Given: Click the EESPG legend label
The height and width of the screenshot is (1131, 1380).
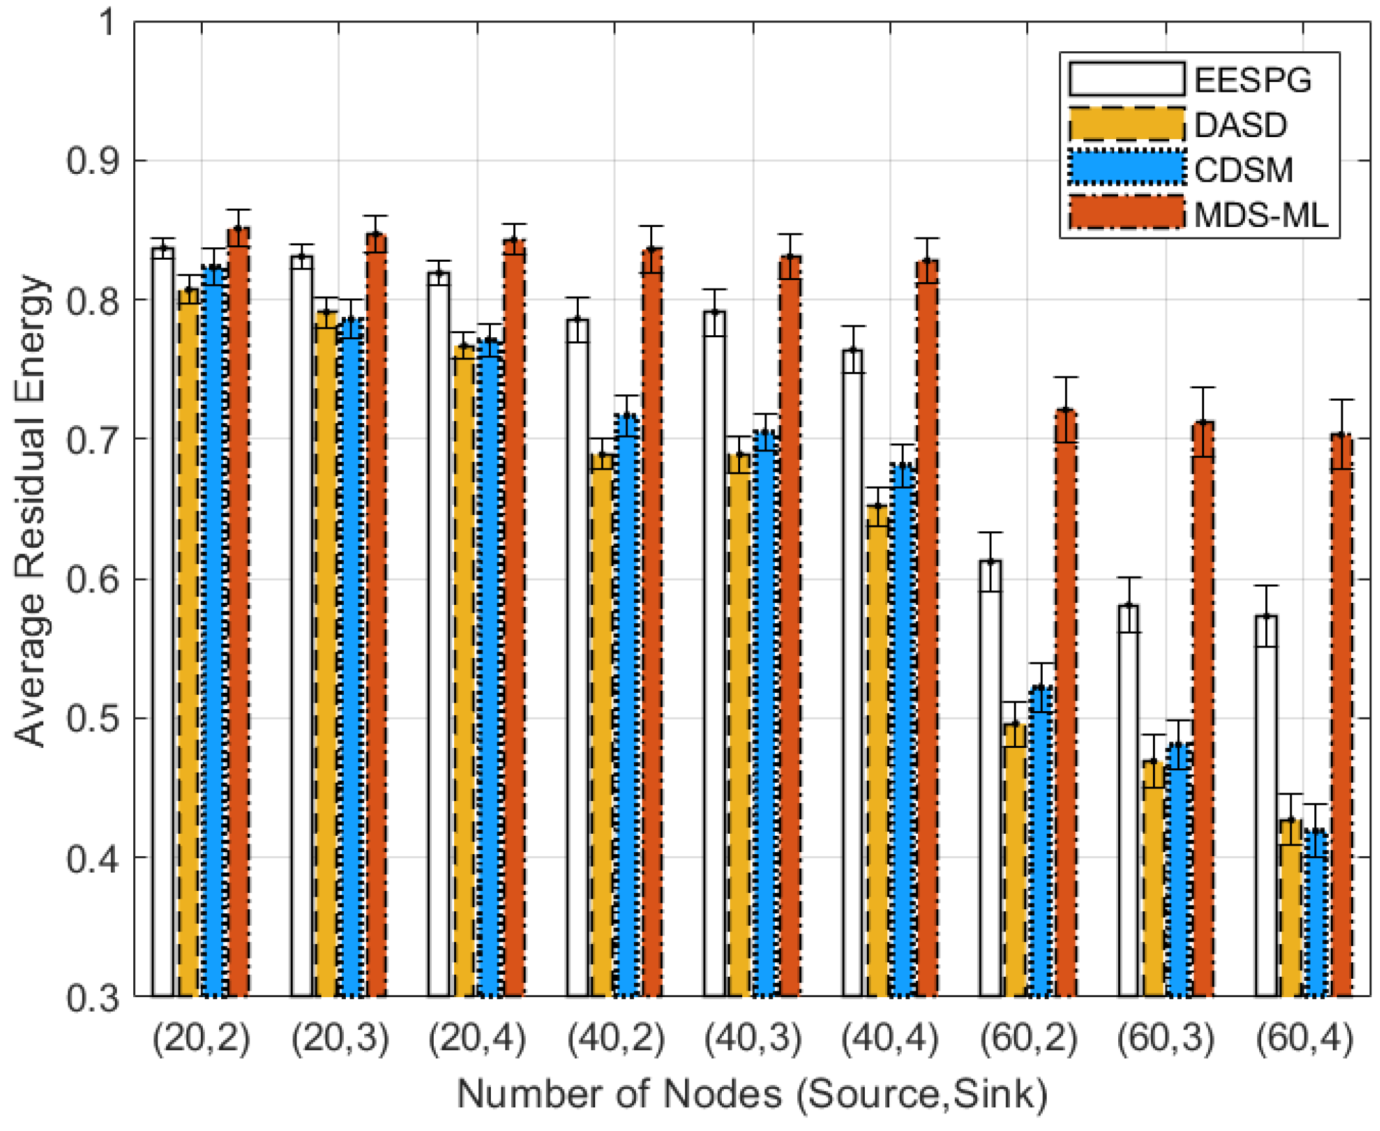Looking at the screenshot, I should click(x=1252, y=81).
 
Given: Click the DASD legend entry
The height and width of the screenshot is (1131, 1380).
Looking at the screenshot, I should click(x=1240, y=125).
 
